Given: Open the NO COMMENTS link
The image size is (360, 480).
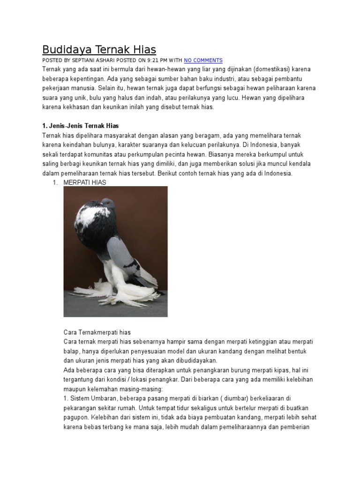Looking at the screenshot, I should tap(203, 60).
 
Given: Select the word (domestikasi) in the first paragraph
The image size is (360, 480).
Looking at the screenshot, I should tap(276, 69).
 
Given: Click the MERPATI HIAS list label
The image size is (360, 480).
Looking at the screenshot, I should tap(85, 182).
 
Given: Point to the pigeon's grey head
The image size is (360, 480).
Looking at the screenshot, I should tap(108, 204).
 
